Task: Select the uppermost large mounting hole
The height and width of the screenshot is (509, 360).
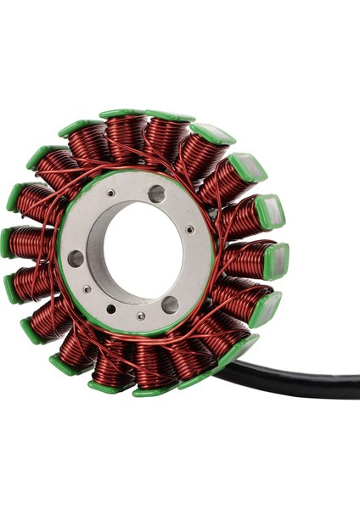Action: (157, 193)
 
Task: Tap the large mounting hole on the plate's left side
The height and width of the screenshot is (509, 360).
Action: (76, 258)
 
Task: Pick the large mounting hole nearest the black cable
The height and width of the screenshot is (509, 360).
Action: (170, 304)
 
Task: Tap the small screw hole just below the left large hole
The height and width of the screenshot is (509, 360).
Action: (87, 289)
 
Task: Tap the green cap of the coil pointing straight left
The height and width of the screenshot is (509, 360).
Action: (7, 243)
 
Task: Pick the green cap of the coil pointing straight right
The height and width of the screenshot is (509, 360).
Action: (275, 259)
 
